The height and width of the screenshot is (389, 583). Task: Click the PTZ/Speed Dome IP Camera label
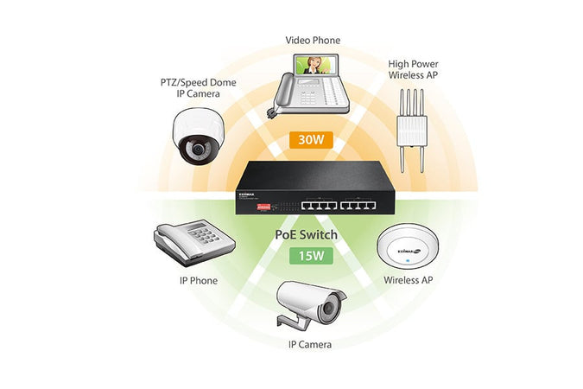(198, 88)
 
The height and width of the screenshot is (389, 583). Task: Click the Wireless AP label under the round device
(407, 280)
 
